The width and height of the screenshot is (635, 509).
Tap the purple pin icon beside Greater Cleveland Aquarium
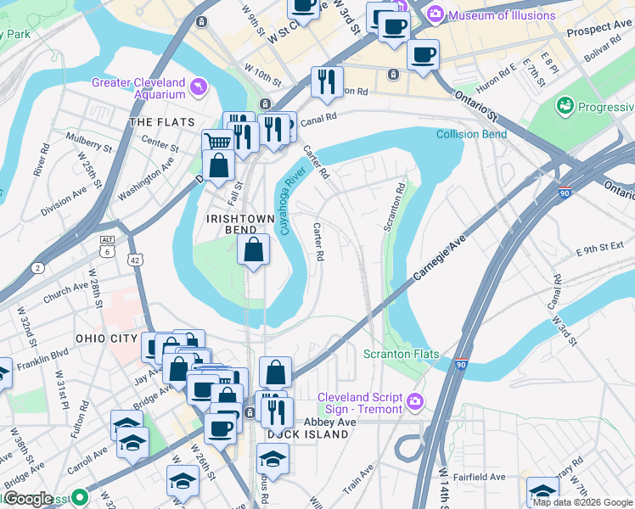[x=199, y=87]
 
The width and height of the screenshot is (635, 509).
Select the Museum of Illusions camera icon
[x=436, y=14]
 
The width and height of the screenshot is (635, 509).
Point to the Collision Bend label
[x=471, y=134]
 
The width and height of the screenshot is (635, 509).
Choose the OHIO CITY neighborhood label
[x=105, y=338]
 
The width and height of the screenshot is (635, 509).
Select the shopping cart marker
[x=218, y=143]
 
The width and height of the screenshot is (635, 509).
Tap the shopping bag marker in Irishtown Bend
[x=254, y=249]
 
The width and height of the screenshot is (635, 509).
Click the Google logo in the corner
[x=29, y=499]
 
